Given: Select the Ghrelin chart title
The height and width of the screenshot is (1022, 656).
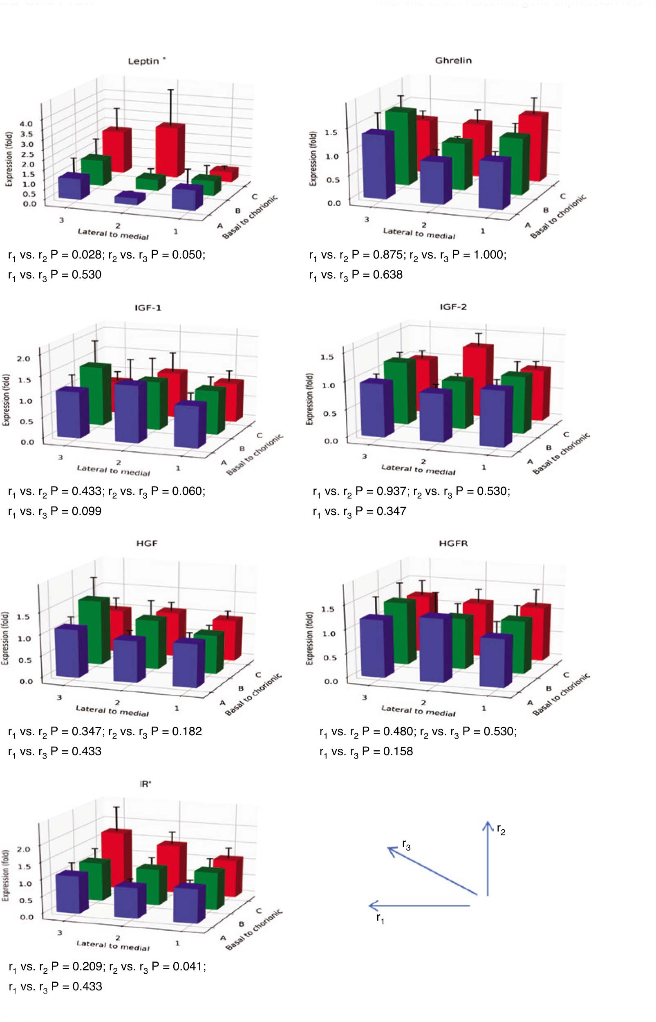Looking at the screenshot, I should click(x=453, y=61).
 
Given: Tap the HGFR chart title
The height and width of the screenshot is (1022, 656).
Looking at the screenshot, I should click(x=453, y=543).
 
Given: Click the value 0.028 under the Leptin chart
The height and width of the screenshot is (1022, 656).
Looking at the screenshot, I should click(x=87, y=254).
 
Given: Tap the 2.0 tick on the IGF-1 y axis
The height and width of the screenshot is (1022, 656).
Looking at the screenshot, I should click(x=24, y=358).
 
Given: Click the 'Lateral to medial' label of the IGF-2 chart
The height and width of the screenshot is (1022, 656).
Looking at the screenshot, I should click(x=418, y=469).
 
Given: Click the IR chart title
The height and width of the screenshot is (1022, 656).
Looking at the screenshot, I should click(x=145, y=784).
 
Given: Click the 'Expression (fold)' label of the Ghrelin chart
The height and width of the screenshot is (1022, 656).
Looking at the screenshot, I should click(x=313, y=158).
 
